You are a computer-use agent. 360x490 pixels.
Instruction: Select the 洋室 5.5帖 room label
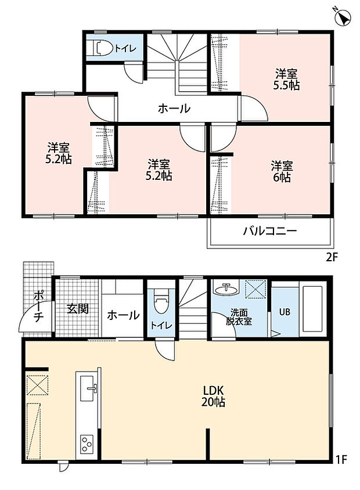click(x=287, y=80)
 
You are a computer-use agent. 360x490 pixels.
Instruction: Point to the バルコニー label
click(x=269, y=231)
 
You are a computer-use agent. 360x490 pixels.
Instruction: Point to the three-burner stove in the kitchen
click(x=88, y=444)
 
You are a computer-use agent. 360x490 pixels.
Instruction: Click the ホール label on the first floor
click(x=123, y=315)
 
